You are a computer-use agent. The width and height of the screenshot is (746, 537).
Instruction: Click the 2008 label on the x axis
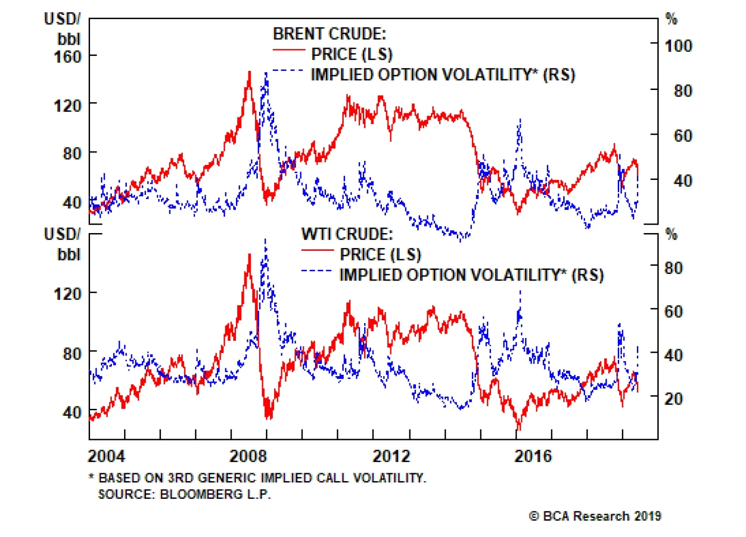coord(248,455)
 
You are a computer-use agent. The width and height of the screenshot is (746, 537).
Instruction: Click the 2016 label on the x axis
coord(532,455)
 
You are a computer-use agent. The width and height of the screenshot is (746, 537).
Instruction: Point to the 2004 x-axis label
coord(106,455)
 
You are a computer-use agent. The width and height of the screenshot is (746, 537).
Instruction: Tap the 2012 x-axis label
coord(391,455)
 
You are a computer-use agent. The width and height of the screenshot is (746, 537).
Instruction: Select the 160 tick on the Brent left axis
coord(68,57)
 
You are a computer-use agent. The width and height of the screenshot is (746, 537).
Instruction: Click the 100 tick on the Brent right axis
coord(678,46)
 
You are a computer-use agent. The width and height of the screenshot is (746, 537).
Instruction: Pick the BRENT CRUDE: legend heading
coord(329,34)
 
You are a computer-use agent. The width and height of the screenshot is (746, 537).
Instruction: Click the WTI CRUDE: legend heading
coord(347,234)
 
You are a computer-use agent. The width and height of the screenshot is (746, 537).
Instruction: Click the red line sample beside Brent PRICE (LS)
coord(289,50)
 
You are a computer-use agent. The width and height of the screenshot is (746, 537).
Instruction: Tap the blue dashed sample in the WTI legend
coord(317,271)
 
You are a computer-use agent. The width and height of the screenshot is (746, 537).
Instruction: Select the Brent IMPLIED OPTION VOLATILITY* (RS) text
coord(442,75)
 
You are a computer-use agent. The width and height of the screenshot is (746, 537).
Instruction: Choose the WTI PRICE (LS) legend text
coord(380,255)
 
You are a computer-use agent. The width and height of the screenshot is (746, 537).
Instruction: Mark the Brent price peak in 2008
coord(249,72)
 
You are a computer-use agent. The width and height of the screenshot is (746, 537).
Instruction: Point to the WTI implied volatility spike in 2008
coord(265,240)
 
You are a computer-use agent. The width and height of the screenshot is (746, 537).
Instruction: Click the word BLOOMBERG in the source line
coord(200,494)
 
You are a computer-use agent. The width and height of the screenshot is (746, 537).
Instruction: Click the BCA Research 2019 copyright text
coord(595,516)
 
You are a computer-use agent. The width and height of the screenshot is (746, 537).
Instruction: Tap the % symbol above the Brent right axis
coord(671,19)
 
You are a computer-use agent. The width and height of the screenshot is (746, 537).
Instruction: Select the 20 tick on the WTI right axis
coord(673,399)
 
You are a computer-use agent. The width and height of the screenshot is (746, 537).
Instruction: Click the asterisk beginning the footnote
coord(91,477)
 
